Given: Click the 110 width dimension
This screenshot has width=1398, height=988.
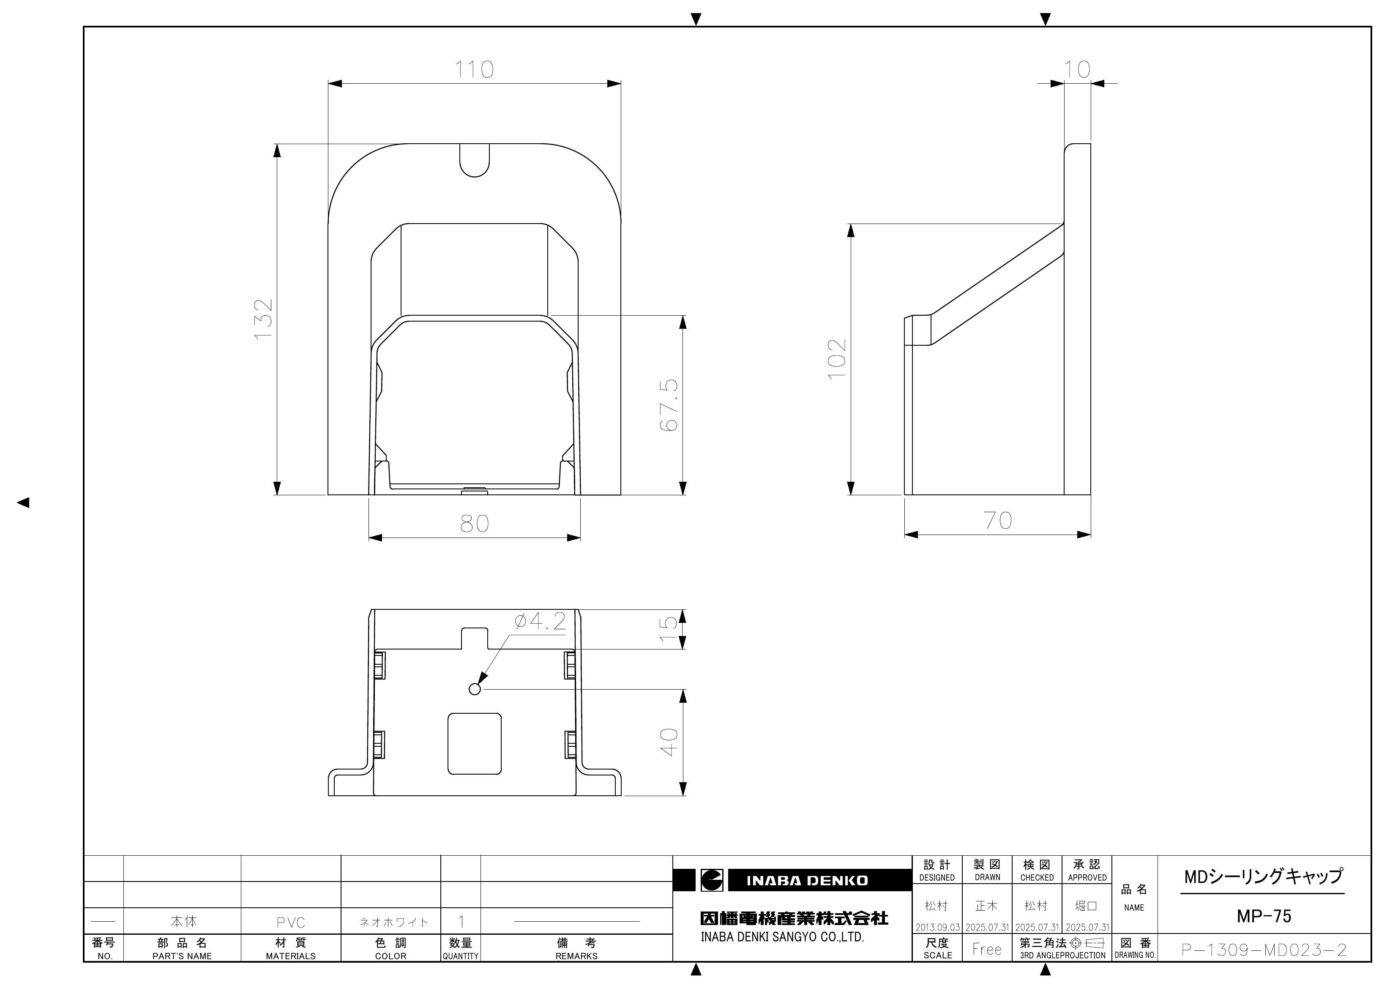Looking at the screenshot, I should [x=474, y=69].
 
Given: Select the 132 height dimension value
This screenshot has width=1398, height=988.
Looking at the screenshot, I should [x=264, y=319].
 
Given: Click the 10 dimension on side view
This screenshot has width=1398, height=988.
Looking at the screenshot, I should [x=1077, y=69].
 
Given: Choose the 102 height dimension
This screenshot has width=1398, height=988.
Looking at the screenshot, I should [x=837, y=359].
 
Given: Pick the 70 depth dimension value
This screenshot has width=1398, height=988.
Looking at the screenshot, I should [x=997, y=521].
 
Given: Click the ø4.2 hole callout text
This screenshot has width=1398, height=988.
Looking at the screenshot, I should [x=540, y=622].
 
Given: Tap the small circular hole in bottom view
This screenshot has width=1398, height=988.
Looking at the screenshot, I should [x=475, y=689].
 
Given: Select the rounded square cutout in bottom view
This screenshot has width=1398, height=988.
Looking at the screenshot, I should [x=474, y=744].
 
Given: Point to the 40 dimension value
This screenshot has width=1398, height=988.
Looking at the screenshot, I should [x=669, y=742].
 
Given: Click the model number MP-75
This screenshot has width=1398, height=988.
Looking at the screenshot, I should [x=1264, y=916].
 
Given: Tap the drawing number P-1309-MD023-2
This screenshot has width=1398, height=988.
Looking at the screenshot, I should [x=1264, y=950].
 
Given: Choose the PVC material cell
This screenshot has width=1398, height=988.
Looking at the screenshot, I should [x=290, y=922].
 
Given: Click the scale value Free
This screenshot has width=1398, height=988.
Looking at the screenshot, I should [x=986, y=949].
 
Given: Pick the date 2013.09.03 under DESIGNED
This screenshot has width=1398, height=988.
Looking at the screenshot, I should [x=937, y=928].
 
